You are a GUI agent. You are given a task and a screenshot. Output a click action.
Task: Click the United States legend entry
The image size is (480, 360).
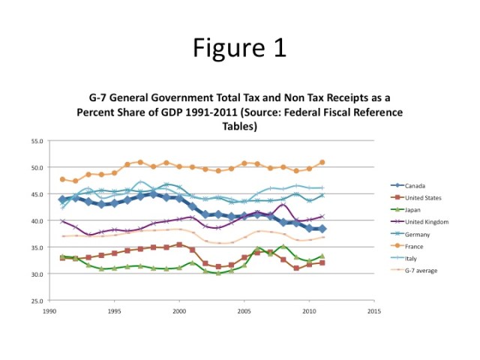420,197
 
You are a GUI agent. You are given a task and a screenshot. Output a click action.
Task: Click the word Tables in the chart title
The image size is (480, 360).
239,127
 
